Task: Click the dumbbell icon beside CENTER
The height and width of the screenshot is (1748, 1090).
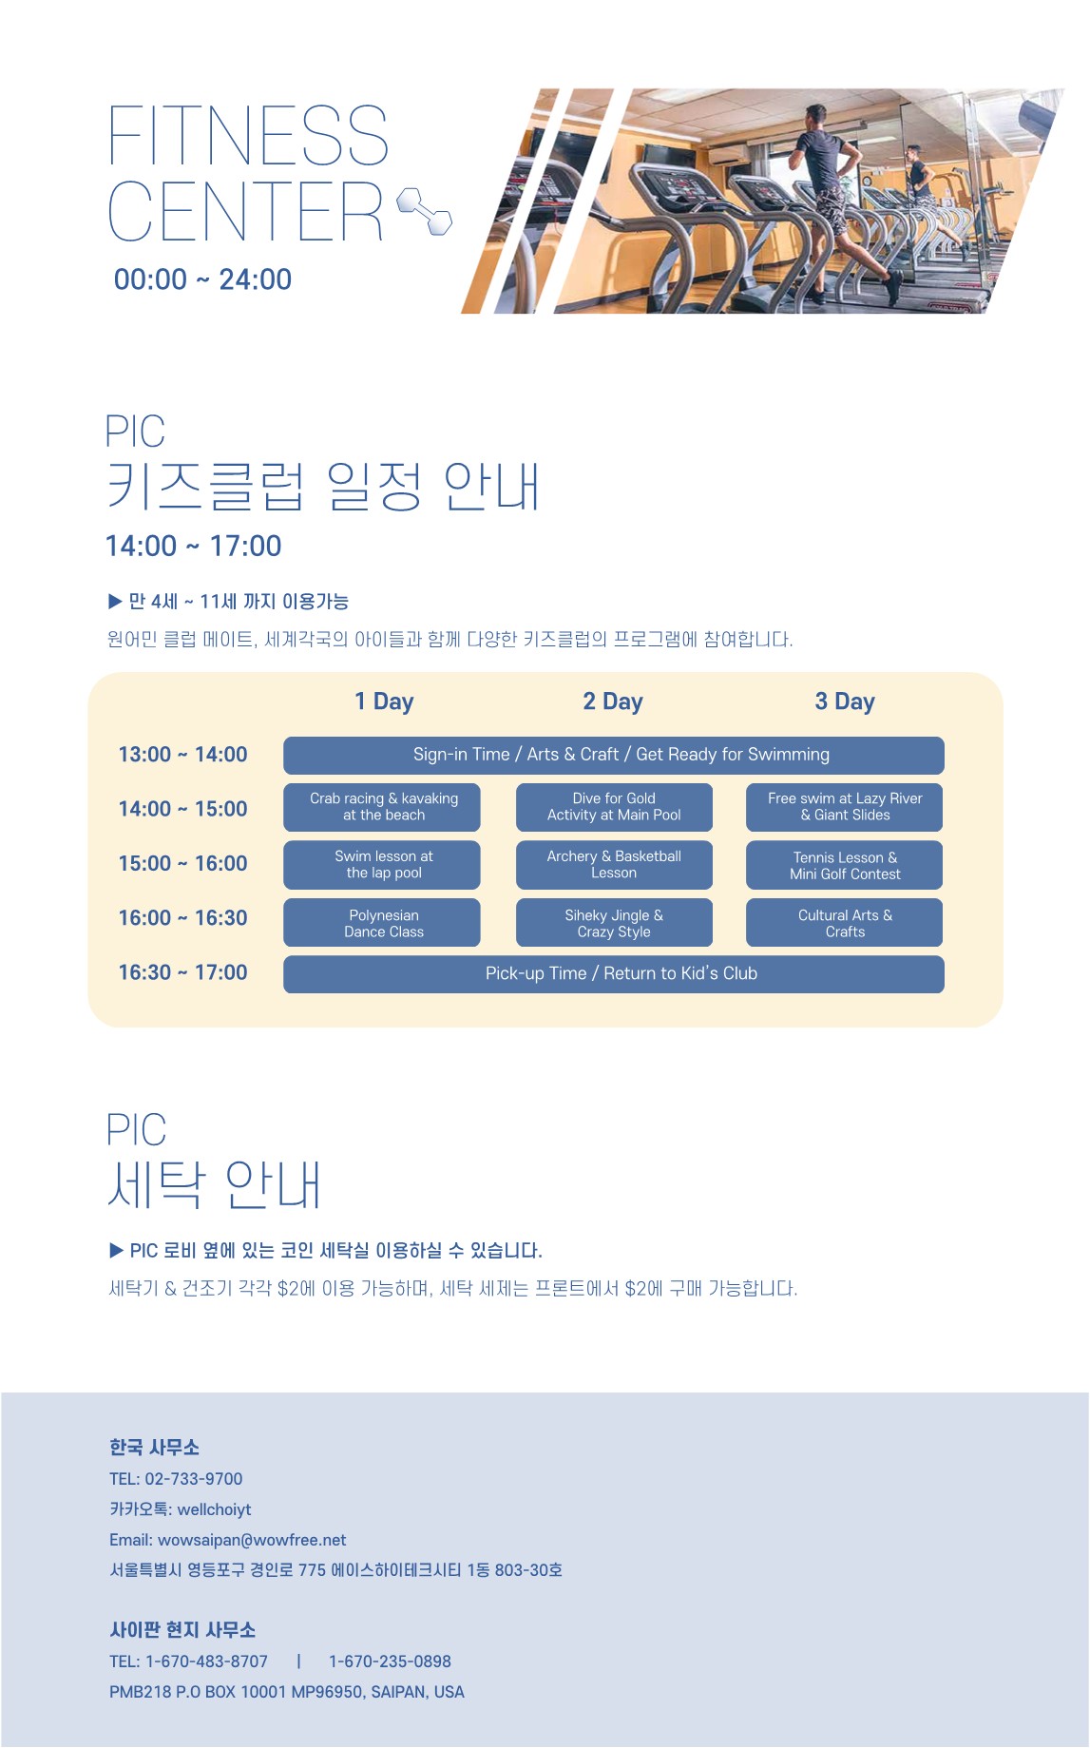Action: click(424, 211)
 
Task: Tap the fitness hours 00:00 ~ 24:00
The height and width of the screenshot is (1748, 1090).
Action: click(202, 279)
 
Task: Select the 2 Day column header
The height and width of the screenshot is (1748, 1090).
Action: click(613, 701)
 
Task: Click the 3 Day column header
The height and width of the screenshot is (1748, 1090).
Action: click(845, 701)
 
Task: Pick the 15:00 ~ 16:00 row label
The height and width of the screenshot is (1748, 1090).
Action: click(182, 863)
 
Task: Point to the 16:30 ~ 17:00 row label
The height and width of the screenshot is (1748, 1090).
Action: click(182, 972)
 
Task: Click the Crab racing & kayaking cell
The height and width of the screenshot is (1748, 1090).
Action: click(382, 807)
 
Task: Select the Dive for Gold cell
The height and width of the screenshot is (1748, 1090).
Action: click(614, 807)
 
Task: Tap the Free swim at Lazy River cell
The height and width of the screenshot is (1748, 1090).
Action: click(845, 807)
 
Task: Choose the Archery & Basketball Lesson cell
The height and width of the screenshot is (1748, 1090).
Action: click(614, 865)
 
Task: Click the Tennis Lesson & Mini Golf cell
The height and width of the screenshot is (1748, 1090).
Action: click(845, 865)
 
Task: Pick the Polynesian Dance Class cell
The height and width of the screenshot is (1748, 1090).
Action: click(382, 923)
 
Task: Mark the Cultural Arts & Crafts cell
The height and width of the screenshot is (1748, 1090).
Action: click(845, 923)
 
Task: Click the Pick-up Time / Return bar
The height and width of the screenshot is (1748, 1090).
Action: click(614, 974)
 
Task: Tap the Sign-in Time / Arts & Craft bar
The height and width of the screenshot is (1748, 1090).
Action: click(614, 756)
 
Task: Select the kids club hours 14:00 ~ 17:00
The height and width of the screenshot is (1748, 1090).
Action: click(193, 547)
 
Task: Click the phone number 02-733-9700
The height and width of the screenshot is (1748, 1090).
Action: click(194, 1479)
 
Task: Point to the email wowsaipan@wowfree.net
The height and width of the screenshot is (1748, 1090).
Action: click(252, 1540)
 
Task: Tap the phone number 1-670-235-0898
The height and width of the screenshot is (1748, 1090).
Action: click(390, 1662)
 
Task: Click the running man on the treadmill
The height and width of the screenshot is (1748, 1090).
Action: click(836, 195)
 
